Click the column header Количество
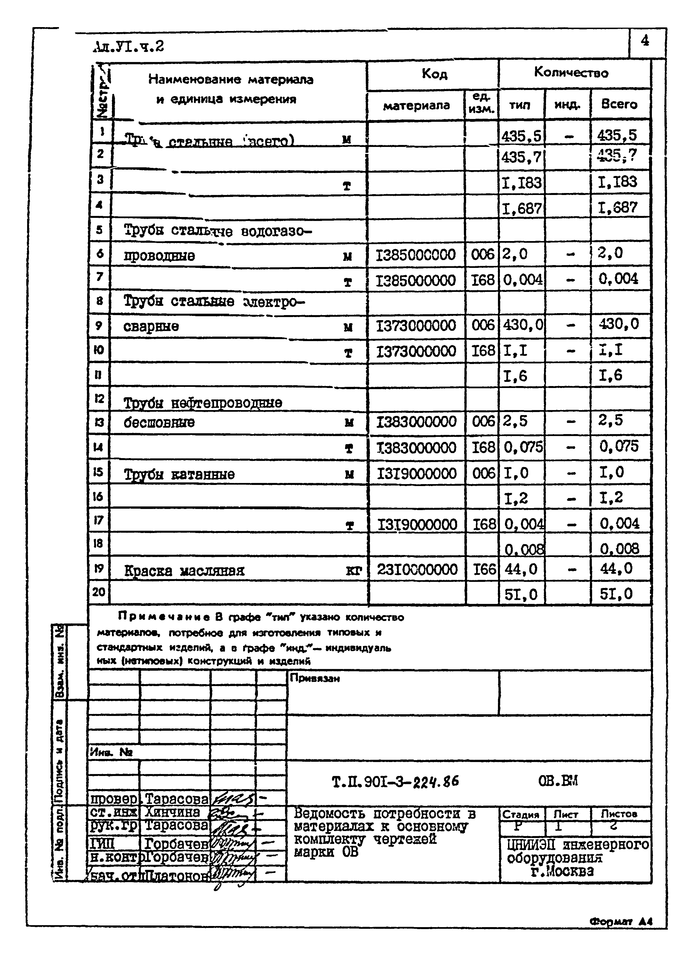pos(571,73)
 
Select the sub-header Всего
pos(619,104)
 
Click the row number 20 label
pos(99,592)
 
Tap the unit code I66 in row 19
pos(483,569)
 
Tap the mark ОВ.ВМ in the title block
pos(558,781)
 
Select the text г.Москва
pos(562,871)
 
